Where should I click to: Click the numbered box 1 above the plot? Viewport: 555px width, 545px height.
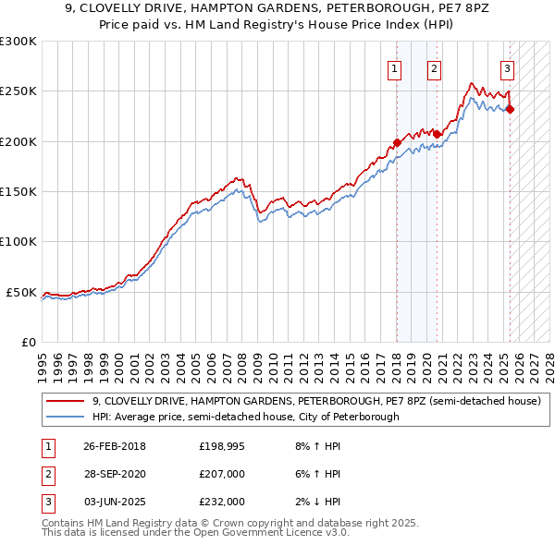(x=395, y=67)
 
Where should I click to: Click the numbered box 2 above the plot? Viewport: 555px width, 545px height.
(x=435, y=67)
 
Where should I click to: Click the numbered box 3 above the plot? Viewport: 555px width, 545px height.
(x=508, y=67)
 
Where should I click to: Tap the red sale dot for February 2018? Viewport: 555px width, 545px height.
(x=397, y=142)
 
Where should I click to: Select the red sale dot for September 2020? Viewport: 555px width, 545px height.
(x=437, y=134)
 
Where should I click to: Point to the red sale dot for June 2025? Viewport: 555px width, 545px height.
(x=510, y=109)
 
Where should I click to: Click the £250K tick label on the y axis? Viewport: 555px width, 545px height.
(x=18, y=91)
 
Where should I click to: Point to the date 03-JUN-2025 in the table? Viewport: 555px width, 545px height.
(x=115, y=502)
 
